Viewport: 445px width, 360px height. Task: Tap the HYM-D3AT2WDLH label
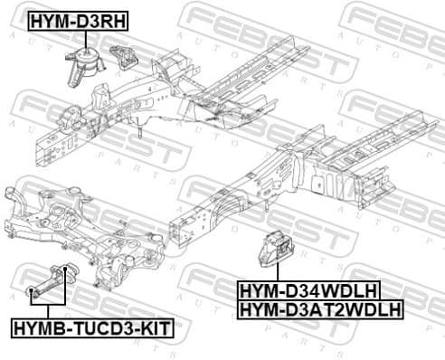click(x=320, y=310)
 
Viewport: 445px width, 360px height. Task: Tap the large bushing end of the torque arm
click(x=66, y=272)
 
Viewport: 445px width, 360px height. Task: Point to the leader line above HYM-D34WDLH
click(x=271, y=276)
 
